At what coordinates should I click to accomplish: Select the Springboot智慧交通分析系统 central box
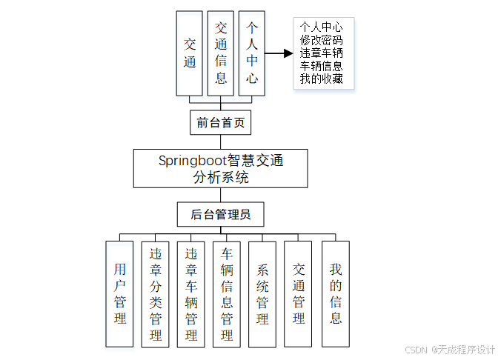click(x=220, y=169)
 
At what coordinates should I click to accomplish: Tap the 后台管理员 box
click(x=220, y=216)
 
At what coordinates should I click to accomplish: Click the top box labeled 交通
click(x=190, y=53)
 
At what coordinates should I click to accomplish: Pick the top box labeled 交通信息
click(x=221, y=53)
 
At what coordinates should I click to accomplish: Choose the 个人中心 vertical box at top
click(x=252, y=53)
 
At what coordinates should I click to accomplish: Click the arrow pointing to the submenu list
click(x=279, y=53)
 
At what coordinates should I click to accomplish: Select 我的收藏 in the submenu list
click(x=322, y=79)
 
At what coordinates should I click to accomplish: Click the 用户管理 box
click(x=119, y=293)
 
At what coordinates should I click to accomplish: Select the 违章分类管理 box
click(x=156, y=293)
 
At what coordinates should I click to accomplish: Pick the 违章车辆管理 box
click(x=191, y=293)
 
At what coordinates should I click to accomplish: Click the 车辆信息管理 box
click(x=227, y=293)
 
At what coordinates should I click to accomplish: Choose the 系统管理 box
click(x=262, y=293)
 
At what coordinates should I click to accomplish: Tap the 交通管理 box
click(x=299, y=293)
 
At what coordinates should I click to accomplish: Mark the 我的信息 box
click(x=335, y=293)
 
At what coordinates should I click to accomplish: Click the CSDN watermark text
click(x=450, y=350)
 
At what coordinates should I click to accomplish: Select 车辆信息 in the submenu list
click(x=322, y=66)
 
